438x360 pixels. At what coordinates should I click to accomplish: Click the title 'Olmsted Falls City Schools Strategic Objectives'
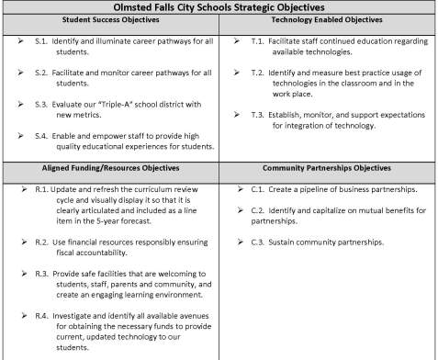[x=219, y=6]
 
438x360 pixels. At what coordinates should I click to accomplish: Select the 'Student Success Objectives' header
[x=109, y=19]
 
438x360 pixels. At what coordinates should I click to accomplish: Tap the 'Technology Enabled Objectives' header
[x=328, y=19]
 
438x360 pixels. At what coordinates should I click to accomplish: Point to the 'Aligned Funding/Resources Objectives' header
[x=109, y=169]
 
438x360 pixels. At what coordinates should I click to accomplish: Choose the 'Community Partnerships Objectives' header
[x=328, y=169]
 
